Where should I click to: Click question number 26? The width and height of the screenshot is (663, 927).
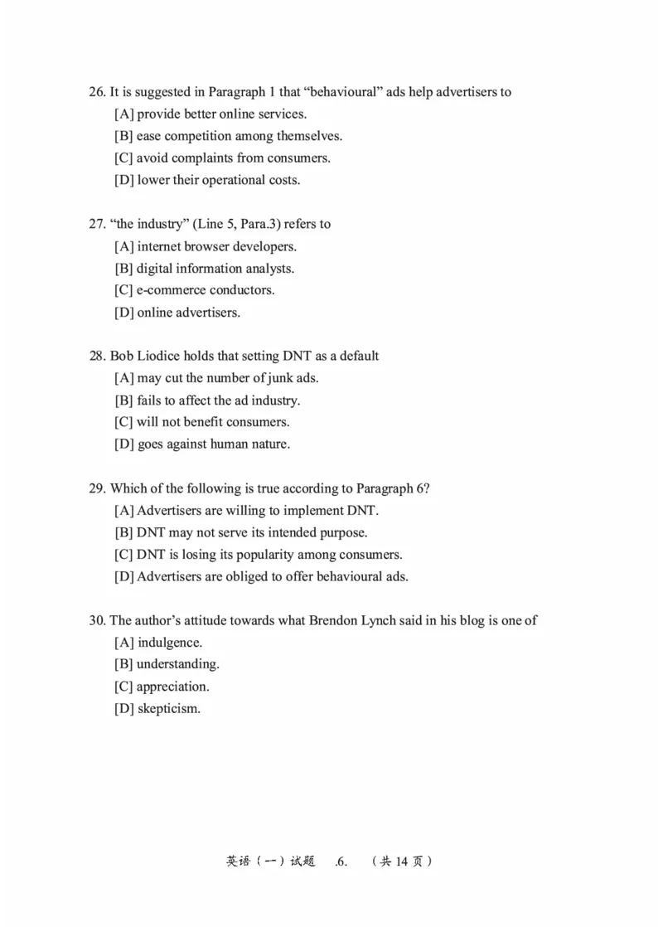[97, 92]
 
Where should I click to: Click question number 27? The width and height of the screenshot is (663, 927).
[97, 224]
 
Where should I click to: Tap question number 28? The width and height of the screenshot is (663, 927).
[97, 357]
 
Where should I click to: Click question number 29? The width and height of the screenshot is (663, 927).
[97, 488]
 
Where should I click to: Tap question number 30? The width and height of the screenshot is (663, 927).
[97, 620]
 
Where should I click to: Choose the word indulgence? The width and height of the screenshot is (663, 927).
[170, 643]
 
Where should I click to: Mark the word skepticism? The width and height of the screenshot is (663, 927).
[169, 709]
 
